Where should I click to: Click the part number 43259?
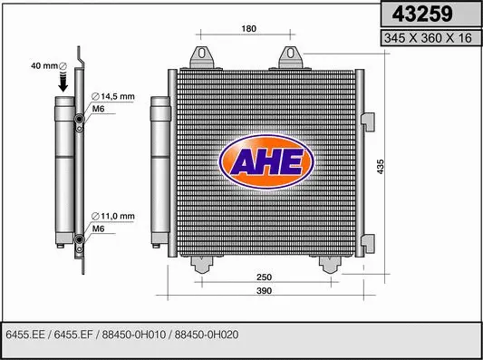click(428, 15)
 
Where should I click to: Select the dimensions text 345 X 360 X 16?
click(428, 38)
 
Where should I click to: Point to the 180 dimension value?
click(249, 29)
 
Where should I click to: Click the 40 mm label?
click(43, 65)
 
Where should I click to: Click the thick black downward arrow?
click(64, 82)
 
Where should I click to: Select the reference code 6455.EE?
click(24, 333)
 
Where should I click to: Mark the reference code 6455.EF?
click(77, 333)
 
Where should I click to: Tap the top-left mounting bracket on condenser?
click(204, 56)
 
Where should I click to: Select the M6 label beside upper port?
click(99, 110)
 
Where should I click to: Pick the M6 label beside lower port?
click(99, 229)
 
